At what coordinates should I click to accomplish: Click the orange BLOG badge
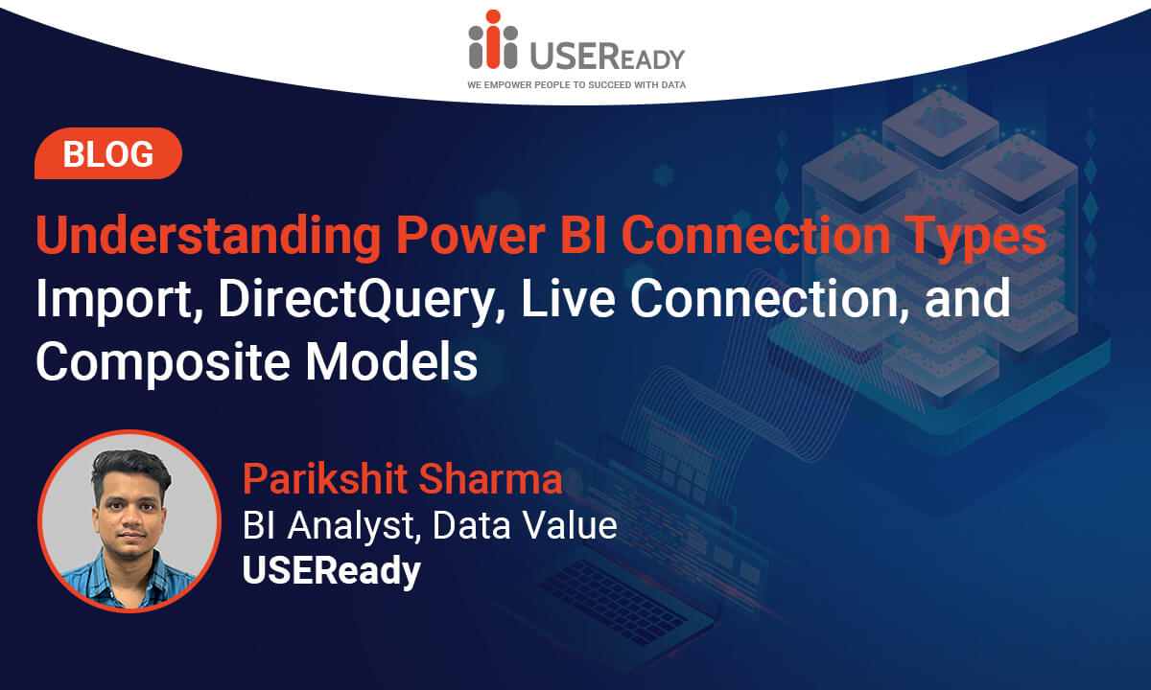(x=107, y=153)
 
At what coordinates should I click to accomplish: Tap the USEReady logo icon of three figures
(x=493, y=39)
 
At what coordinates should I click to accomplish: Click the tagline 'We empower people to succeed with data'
(x=576, y=85)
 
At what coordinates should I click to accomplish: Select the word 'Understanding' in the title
(x=209, y=236)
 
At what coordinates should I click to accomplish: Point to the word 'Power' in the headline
(x=470, y=236)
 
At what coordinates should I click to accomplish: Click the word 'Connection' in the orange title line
(x=756, y=235)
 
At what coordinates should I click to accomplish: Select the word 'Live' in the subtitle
(x=568, y=299)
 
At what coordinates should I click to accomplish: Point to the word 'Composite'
(x=163, y=363)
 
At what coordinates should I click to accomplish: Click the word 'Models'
(x=391, y=361)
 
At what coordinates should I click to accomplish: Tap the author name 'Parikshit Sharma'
(x=402, y=478)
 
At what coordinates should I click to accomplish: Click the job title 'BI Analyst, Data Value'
(x=430, y=526)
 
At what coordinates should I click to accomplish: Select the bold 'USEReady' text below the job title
(x=332, y=571)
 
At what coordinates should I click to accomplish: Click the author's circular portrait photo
(x=129, y=521)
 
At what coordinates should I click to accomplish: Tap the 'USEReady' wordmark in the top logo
(x=607, y=56)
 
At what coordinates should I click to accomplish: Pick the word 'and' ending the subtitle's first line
(x=967, y=298)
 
